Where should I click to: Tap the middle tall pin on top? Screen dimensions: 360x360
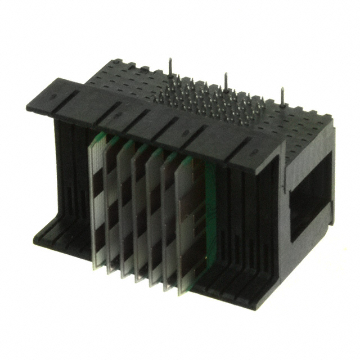click(226, 81)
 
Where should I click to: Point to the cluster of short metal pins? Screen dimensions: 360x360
click(208, 104)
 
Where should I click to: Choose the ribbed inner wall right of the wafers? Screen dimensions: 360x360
click(236, 225)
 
